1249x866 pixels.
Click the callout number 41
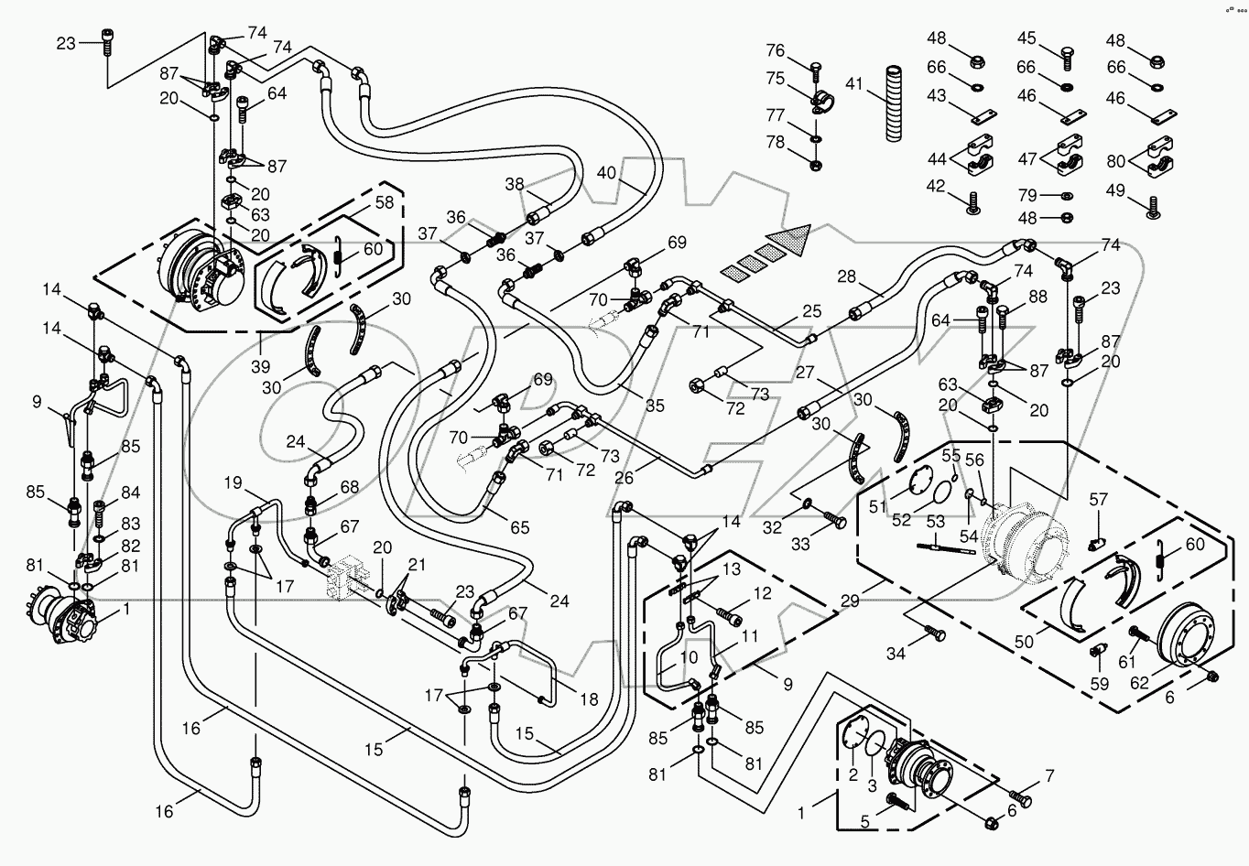[x=854, y=83]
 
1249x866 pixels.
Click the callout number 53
[x=935, y=522]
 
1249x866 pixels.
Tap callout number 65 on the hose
[x=520, y=526]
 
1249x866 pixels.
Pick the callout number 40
[x=607, y=171]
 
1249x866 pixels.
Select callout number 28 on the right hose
[x=846, y=276]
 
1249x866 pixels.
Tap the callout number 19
[x=234, y=482]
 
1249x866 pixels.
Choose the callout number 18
[x=589, y=699]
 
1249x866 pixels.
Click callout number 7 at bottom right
[x=1049, y=776]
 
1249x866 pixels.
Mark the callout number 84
[x=130, y=493]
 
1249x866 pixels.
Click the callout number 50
[x=1024, y=642]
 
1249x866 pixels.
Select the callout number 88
[x=1037, y=297]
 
